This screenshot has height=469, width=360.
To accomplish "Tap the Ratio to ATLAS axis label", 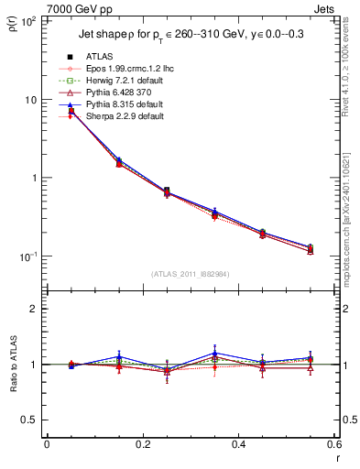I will (x=13, y=364).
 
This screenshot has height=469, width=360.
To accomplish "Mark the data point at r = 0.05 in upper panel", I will (x=71, y=112).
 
